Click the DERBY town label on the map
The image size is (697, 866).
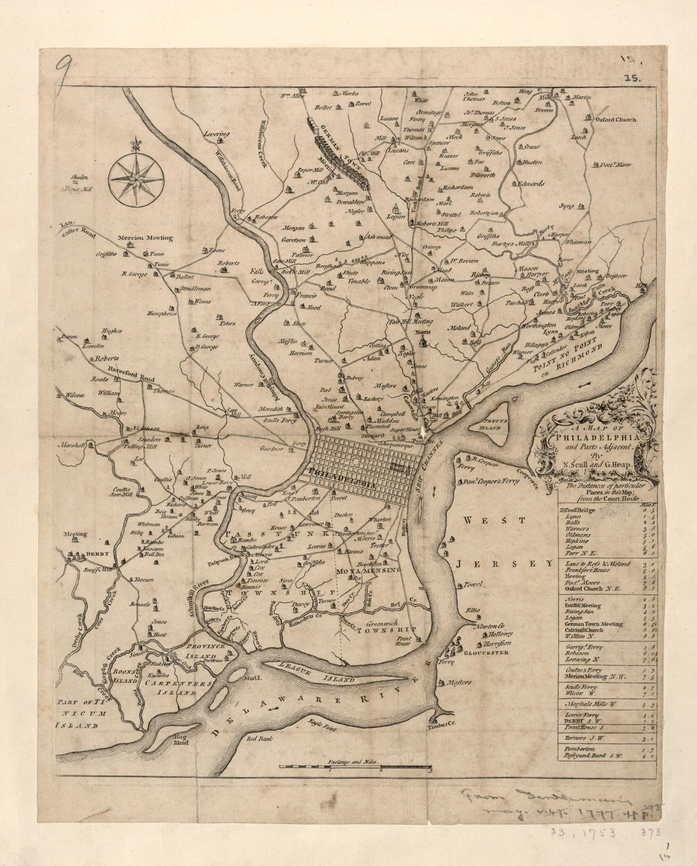[x=98, y=555]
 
